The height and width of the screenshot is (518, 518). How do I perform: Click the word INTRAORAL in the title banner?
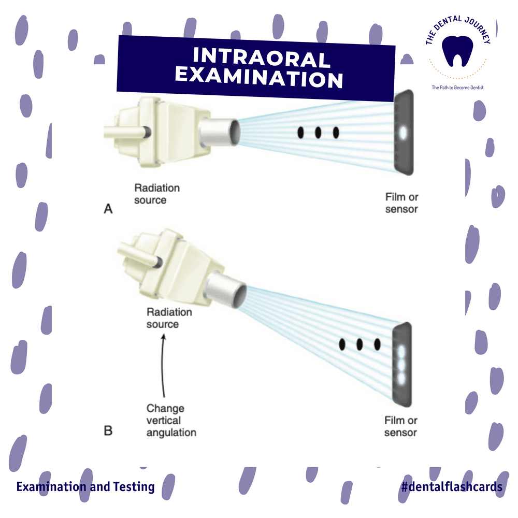pos(261,57)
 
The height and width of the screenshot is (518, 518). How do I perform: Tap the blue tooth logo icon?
pos(457,51)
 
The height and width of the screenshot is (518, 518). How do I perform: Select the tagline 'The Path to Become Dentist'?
pos(457,88)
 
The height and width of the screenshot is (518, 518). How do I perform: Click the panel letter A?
pos(108,209)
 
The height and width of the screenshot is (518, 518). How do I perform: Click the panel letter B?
pos(108,431)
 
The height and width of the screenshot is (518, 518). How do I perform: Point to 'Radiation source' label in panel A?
pos(157,194)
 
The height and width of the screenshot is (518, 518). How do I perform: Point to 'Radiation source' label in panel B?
pos(169,318)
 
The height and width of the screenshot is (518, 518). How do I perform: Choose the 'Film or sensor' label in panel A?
pos(402,203)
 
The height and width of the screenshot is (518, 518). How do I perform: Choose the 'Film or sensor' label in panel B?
pos(401,426)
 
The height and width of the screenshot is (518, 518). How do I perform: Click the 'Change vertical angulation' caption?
pos(171,420)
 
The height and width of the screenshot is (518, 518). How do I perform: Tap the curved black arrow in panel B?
pos(162,365)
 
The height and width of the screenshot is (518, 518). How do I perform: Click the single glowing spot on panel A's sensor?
pos(402,133)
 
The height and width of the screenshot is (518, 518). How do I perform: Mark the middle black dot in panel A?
pos(318,133)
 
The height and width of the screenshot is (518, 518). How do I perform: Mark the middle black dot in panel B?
pos(359,344)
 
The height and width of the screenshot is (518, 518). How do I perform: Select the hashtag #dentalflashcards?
pos(452,486)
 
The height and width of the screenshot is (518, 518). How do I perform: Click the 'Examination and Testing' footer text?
pos(85,487)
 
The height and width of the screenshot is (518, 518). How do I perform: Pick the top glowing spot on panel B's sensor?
pos(401,352)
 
